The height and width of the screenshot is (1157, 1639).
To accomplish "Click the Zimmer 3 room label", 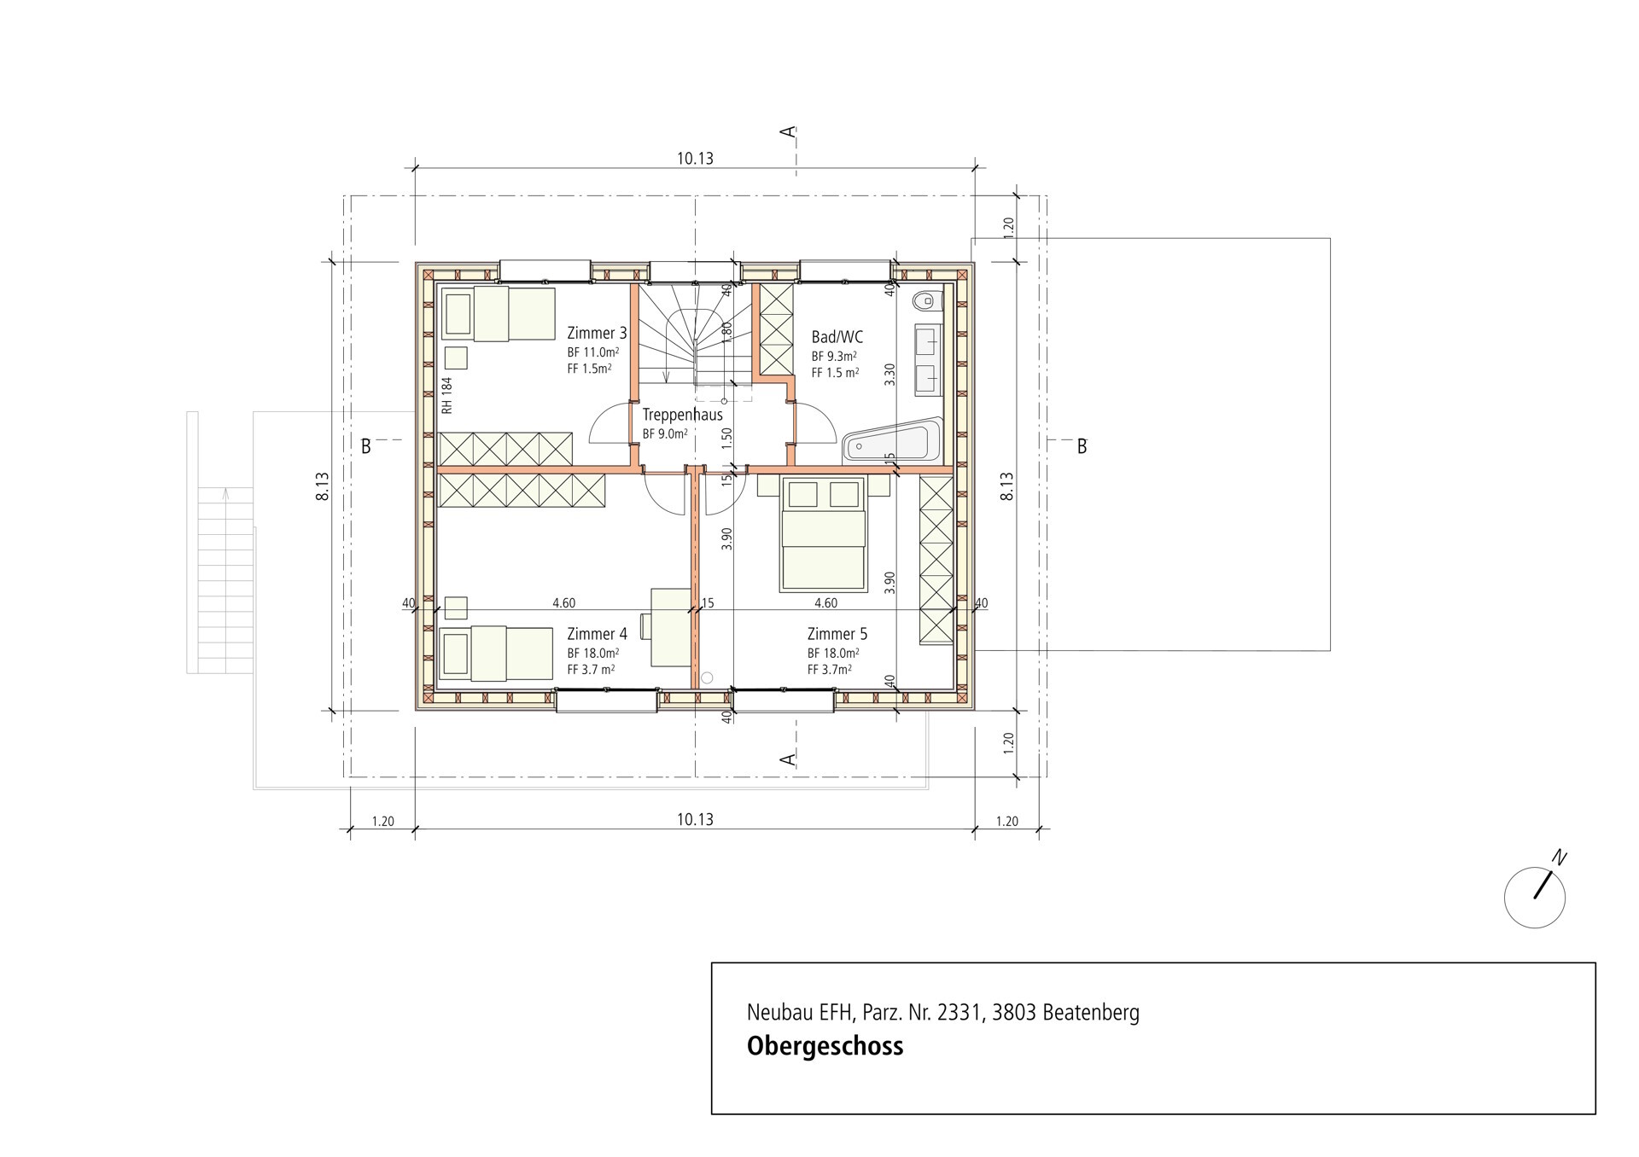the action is click(597, 333).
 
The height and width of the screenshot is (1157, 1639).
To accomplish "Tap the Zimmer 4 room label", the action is click(597, 634).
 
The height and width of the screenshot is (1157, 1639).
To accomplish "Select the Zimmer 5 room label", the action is click(837, 634).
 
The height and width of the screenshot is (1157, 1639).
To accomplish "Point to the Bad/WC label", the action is click(837, 337).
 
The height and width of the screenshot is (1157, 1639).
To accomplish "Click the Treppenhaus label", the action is click(683, 415).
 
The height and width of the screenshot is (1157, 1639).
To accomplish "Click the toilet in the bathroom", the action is click(926, 300).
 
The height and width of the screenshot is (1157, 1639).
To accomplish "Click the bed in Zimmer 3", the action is click(498, 314).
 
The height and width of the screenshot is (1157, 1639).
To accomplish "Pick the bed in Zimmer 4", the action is click(496, 654).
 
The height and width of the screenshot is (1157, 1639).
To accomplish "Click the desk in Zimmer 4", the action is click(671, 626).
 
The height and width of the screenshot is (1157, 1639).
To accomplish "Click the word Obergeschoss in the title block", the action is click(825, 1046).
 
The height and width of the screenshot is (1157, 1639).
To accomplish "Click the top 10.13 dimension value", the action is click(695, 159).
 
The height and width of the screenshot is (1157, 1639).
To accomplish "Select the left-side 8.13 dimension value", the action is click(323, 486).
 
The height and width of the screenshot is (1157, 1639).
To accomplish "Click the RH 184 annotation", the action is click(446, 396).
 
